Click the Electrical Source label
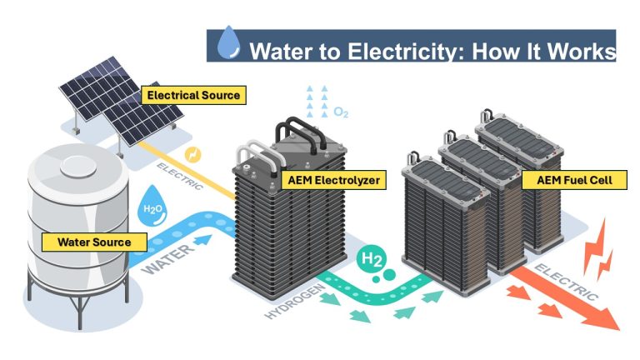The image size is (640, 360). coord(192,95)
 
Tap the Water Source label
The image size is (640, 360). coord(94,242)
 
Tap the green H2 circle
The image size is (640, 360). coord(372,261)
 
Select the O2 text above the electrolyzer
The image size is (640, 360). coord(340,112)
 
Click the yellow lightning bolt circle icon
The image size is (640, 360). coord(192,155)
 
